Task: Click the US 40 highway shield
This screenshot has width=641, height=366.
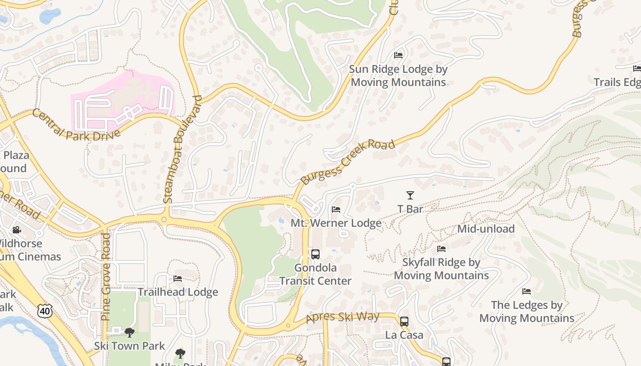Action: tap(45, 311)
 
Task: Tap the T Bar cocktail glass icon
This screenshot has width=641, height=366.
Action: tap(410, 195)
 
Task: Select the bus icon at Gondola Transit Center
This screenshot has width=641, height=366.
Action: tap(315, 254)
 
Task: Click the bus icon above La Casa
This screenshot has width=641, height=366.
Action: tap(404, 322)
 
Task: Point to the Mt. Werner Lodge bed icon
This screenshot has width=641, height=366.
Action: tap(336, 210)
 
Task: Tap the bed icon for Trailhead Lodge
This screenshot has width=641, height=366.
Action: tap(178, 278)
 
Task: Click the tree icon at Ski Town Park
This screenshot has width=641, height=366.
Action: tap(129, 332)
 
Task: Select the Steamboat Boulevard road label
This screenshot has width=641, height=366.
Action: tap(182, 149)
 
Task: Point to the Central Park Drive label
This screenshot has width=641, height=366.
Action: tap(76, 124)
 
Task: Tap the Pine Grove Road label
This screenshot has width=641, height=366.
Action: tap(106, 276)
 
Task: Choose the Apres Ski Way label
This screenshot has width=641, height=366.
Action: tap(342, 317)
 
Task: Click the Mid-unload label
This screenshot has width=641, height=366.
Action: tap(486, 229)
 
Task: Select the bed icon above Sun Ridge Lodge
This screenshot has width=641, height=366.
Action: tap(398, 55)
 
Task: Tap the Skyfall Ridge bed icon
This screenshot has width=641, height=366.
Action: tap(441, 249)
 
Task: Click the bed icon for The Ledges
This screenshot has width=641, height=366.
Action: tap(527, 291)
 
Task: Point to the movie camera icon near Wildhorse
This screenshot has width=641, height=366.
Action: tap(17, 230)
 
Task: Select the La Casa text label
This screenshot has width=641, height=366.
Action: tap(404, 335)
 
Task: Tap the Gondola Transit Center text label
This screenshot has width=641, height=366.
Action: tap(315, 274)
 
